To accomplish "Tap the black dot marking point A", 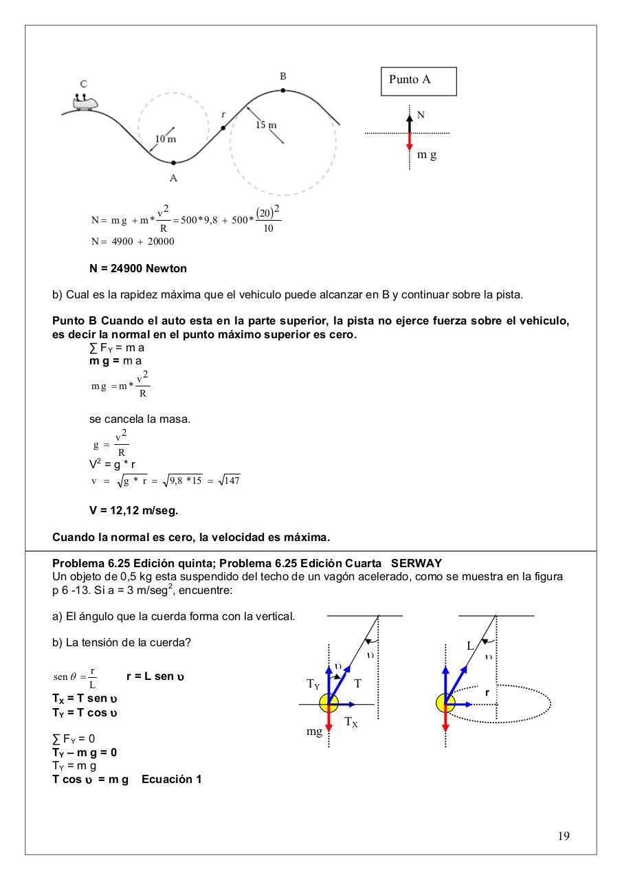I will (173, 163).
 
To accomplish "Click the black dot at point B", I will (283, 90).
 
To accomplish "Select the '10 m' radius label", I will (165, 139).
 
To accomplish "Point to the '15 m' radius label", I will (266, 125).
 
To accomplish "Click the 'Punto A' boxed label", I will (410, 80).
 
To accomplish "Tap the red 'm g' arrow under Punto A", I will (410, 142).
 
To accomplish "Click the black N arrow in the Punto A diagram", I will (410, 122).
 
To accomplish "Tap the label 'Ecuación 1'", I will (171, 780).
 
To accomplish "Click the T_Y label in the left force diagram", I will (313, 684).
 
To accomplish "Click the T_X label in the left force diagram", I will (351, 721).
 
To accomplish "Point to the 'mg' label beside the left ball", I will (314, 732).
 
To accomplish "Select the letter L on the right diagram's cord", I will (470, 646).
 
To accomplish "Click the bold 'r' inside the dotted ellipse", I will (487, 693).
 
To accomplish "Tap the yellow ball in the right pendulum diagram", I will (445, 703).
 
